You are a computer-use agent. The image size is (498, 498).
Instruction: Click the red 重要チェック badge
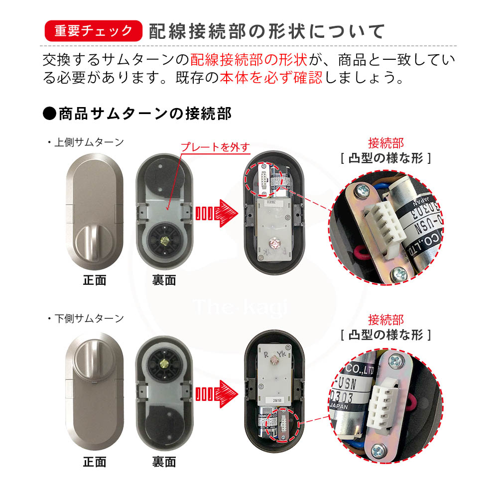93,31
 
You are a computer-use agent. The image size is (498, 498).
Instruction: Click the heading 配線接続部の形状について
266,31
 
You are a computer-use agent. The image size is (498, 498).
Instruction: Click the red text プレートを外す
214,147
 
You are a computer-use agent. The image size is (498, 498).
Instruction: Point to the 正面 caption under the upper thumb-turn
95,280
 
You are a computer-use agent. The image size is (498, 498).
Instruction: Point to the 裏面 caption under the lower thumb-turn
164,462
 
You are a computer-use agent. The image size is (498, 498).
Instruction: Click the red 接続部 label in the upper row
385,143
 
